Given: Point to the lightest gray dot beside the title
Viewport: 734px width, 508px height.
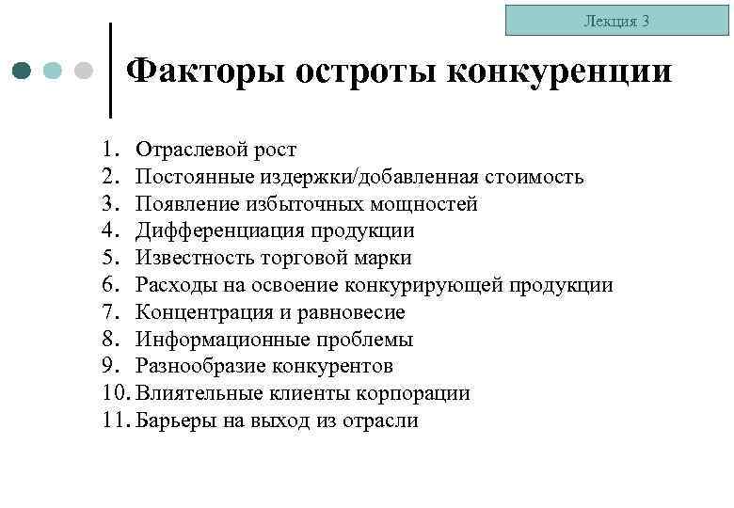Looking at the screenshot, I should (x=83, y=71).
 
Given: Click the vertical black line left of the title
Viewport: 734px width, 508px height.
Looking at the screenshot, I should (x=112, y=71).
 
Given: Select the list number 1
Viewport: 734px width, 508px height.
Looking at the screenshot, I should (x=109, y=150).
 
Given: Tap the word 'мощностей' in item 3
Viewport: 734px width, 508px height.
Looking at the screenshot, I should (x=428, y=204).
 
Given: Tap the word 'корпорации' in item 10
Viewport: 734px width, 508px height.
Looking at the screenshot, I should (x=422, y=393).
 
